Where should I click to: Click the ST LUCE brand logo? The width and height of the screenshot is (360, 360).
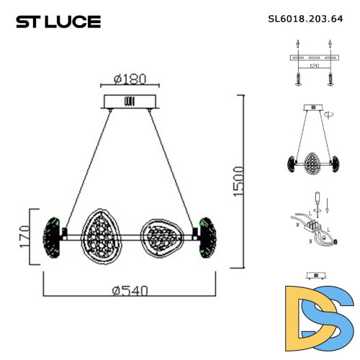[58, 22]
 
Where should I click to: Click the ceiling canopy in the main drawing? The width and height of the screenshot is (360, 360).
[130, 101]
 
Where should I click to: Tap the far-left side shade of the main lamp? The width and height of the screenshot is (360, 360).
[52, 236]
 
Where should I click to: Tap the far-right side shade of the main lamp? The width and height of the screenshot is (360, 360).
[207, 236]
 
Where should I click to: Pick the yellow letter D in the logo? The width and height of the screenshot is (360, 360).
[302, 312]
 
